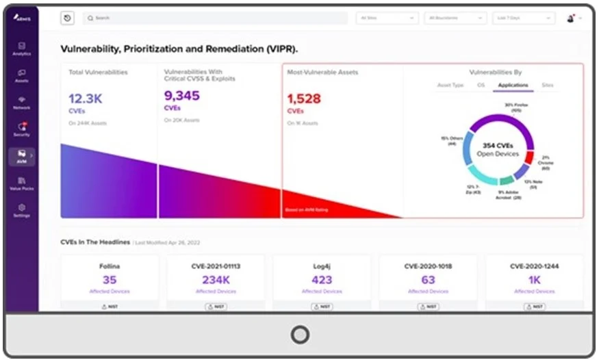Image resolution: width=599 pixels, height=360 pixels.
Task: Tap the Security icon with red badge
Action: (22, 128)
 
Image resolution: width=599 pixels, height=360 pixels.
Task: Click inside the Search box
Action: (212, 18)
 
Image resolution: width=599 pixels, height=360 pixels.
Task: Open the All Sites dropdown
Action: (387, 18)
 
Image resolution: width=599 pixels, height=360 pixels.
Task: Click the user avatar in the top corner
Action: (570, 18)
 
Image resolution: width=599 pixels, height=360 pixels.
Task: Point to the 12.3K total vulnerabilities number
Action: (86, 99)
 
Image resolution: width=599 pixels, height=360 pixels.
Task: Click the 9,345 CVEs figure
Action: (181, 96)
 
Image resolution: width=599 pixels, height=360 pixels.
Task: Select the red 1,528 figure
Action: (304, 99)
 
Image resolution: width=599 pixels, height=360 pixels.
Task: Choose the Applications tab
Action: (513, 86)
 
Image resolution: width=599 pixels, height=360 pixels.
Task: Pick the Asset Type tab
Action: (450, 86)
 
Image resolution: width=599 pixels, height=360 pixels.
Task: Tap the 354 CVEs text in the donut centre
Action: (498, 146)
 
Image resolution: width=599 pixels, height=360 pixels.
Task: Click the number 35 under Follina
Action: (110, 279)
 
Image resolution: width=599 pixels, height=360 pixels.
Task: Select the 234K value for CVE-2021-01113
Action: (216, 279)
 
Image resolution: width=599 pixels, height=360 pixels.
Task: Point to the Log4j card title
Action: (322, 266)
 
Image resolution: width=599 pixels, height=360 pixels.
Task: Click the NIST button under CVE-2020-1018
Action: (428, 307)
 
